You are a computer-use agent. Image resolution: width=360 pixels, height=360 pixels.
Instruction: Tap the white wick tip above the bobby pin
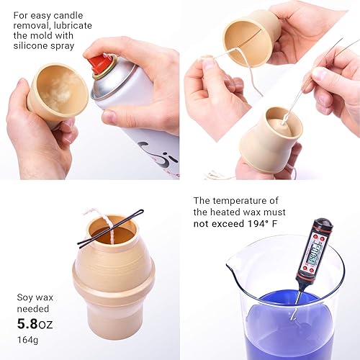pos(89,213)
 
